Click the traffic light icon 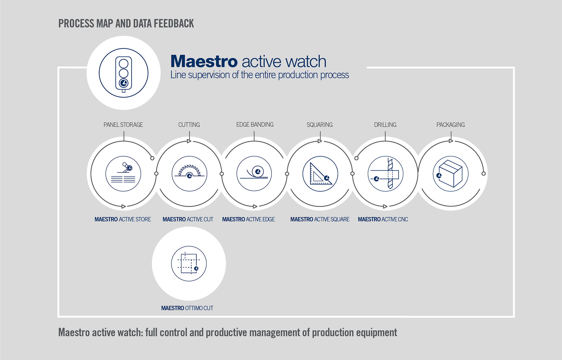coord(124,73)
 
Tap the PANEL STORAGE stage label coord(123,125)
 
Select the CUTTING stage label coord(189,125)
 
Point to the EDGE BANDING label coord(255,124)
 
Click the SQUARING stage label coord(320,125)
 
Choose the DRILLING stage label coord(385,125)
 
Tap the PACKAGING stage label coord(450,125)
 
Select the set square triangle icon coord(320,174)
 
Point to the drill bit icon coord(385,174)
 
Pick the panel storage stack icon coord(123,174)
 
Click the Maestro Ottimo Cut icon coord(189,264)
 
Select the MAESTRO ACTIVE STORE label coord(123,219)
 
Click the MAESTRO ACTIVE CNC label coord(383,219)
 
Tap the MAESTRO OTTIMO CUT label coord(187,308)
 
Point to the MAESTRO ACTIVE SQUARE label coord(320,219)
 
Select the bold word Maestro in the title coord(204,61)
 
